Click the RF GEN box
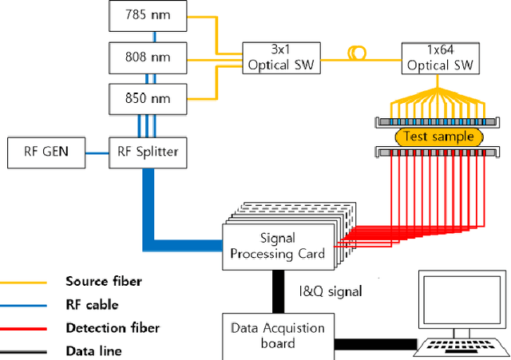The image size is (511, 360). coord(46,152)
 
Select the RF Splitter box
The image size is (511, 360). coord(148,152)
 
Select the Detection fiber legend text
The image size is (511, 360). coord(113,327)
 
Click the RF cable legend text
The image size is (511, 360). coord(92,304)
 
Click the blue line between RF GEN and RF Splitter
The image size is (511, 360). coord(97,152)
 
